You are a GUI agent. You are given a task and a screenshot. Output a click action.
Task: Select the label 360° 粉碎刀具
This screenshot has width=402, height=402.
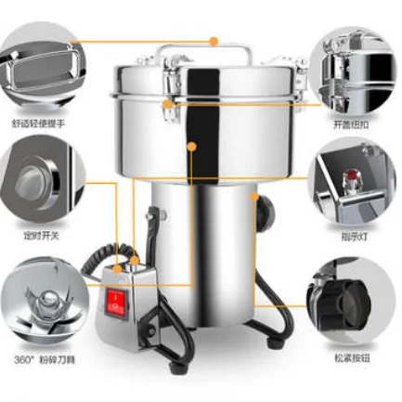coord(41,357)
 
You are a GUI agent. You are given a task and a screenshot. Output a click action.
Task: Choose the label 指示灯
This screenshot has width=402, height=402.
coord(354,238)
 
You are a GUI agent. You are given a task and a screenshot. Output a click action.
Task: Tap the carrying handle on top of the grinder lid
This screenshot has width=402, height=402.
coord(201,51)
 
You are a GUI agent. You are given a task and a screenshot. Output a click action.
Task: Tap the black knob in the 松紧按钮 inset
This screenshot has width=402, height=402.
coord(354,302)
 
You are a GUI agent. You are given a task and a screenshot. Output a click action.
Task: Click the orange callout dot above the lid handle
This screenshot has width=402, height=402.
coord(214,41)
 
